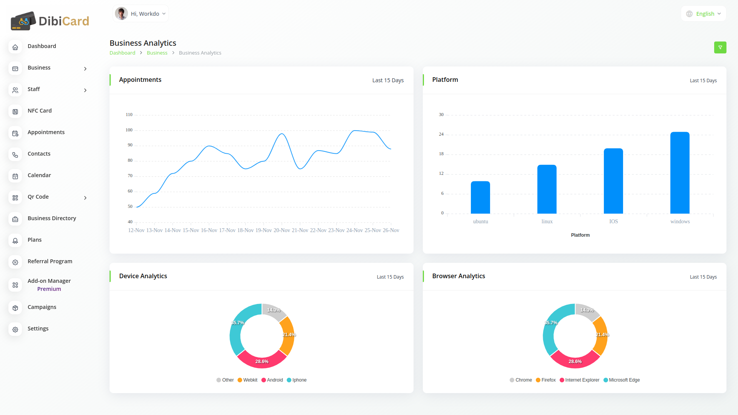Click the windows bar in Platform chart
(680, 173)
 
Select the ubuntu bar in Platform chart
(480, 198)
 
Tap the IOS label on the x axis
(613, 222)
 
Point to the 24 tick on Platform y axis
(441, 134)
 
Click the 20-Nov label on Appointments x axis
(282, 231)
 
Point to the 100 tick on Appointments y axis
(129, 130)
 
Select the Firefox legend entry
(546, 380)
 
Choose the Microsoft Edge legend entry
(622, 380)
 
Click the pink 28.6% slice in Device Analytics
(262, 361)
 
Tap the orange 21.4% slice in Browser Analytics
(601, 335)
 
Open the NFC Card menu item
(40, 111)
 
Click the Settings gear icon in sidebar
(15, 329)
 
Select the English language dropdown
(703, 14)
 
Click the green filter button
(720, 48)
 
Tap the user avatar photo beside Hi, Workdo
(121, 14)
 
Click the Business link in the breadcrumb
(157, 53)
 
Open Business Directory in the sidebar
(52, 218)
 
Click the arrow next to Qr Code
(85, 198)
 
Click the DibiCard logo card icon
(23, 21)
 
